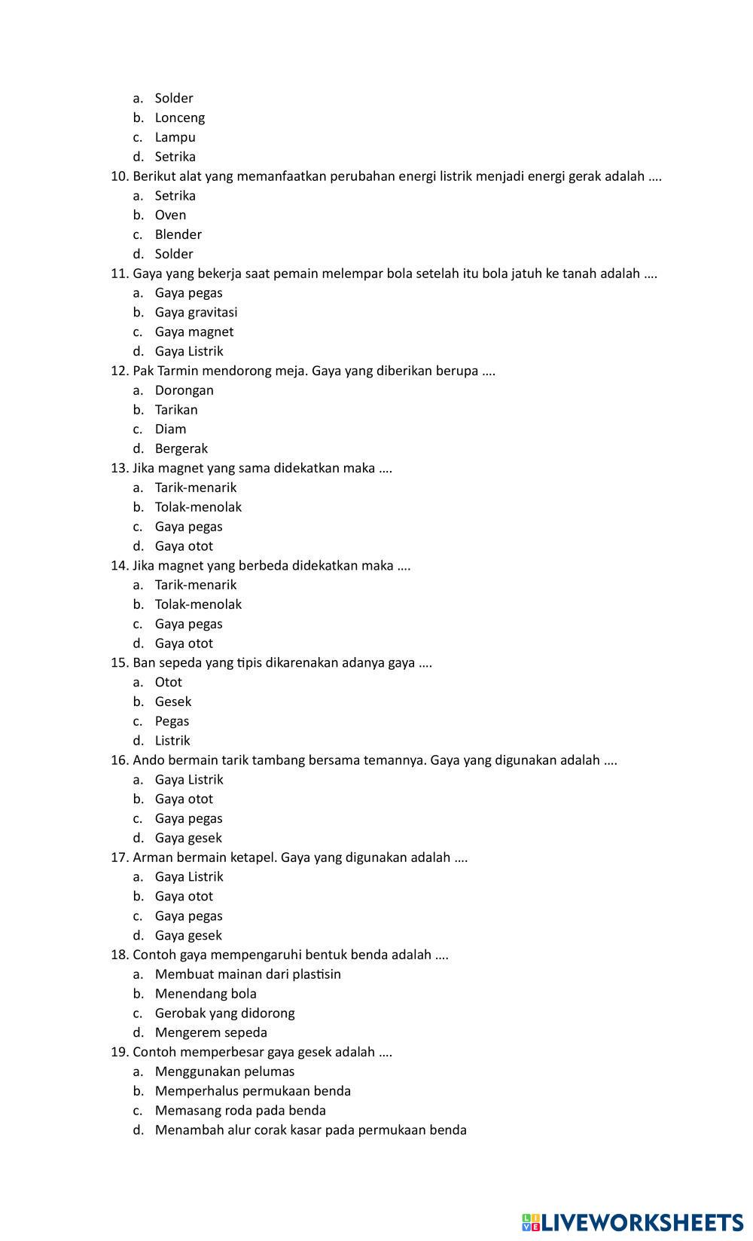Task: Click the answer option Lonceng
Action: (x=179, y=118)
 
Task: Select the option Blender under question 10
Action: (x=178, y=234)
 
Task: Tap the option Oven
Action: (x=170, y=215)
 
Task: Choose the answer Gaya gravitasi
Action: (x=196, y=312)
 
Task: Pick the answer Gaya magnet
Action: (x=194, y=332)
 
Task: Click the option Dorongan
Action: (x=184, y=390)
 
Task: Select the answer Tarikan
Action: (x=176, y=410)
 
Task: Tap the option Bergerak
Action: (x=181, y=448)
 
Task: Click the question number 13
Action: (x=120, y=468)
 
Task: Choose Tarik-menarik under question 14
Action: (x=195, y=585)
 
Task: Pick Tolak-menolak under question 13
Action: (x=198, y=507)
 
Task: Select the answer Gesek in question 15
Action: (x=173, y=702)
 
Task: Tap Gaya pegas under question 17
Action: (x=188, y=915)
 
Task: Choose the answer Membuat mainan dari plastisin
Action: (x=248, y=974)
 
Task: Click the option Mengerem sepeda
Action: (x=211, y=1032)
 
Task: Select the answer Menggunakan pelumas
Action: (x=224, y=1071)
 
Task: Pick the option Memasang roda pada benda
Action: (x=240, y=1110)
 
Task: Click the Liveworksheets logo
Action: (x=633, y=1222)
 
